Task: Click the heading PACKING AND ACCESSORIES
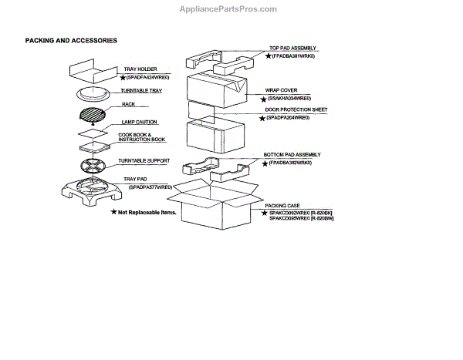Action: pos(71,39)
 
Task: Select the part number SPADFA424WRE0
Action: pos(146,78)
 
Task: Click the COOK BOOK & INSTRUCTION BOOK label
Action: pos(141,137)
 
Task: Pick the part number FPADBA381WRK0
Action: pos(299,56)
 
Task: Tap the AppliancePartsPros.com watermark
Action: pos(231,9)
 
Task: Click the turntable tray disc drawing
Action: pos(93,95)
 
